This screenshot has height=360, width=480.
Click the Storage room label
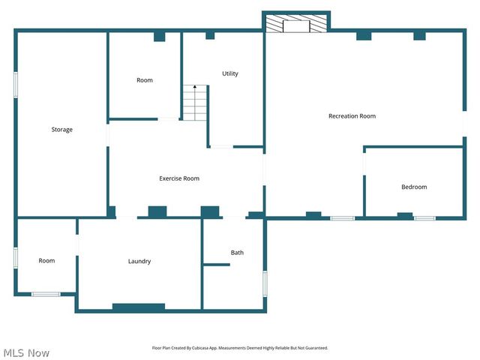pyautogui.click(x=61, y=130)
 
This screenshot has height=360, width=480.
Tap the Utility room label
pyautogui.click(x=230, y=73)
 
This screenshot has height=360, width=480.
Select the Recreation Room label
pyautogui.click(x=352, y=116)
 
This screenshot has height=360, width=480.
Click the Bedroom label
pyautogui.click(x=414, y=187)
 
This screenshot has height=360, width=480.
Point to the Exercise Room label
pyautogui.click(x=179, y=178)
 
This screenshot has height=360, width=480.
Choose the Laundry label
pyautogui.click(x=139, y=261)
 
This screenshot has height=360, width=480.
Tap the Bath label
pyautogui.click(x=237, y=253)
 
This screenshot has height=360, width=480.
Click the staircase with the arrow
pyautogui.click(x=195, y=103)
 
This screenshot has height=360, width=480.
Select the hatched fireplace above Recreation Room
pyautogui.click(x=298, y=24)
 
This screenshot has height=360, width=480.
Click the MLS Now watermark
pyautogui.click(x=26, y=352)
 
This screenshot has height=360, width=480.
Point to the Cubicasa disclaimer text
pyautogui.click(x=240, y=348)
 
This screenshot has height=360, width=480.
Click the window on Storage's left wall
pyautogui.click(x=16, y=83)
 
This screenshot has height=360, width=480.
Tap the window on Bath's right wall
pyautogui.click(x=265, y=283)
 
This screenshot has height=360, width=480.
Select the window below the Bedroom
pyautogui.click(x=424, y=218)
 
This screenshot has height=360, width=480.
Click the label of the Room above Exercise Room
pyautogui.click(x=145, y=80)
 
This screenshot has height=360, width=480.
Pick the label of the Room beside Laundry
pyautogui.click(x=46, y=261)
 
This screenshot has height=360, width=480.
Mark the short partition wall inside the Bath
pyautogui.click(x=217, y=264)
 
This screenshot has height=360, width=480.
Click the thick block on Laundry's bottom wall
pyautogui.click(x=139, y=307)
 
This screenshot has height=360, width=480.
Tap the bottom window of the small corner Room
pyautogui.click(x=46, y=294)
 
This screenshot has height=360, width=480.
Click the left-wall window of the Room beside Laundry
pyautogui.click(x=16, y=257)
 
